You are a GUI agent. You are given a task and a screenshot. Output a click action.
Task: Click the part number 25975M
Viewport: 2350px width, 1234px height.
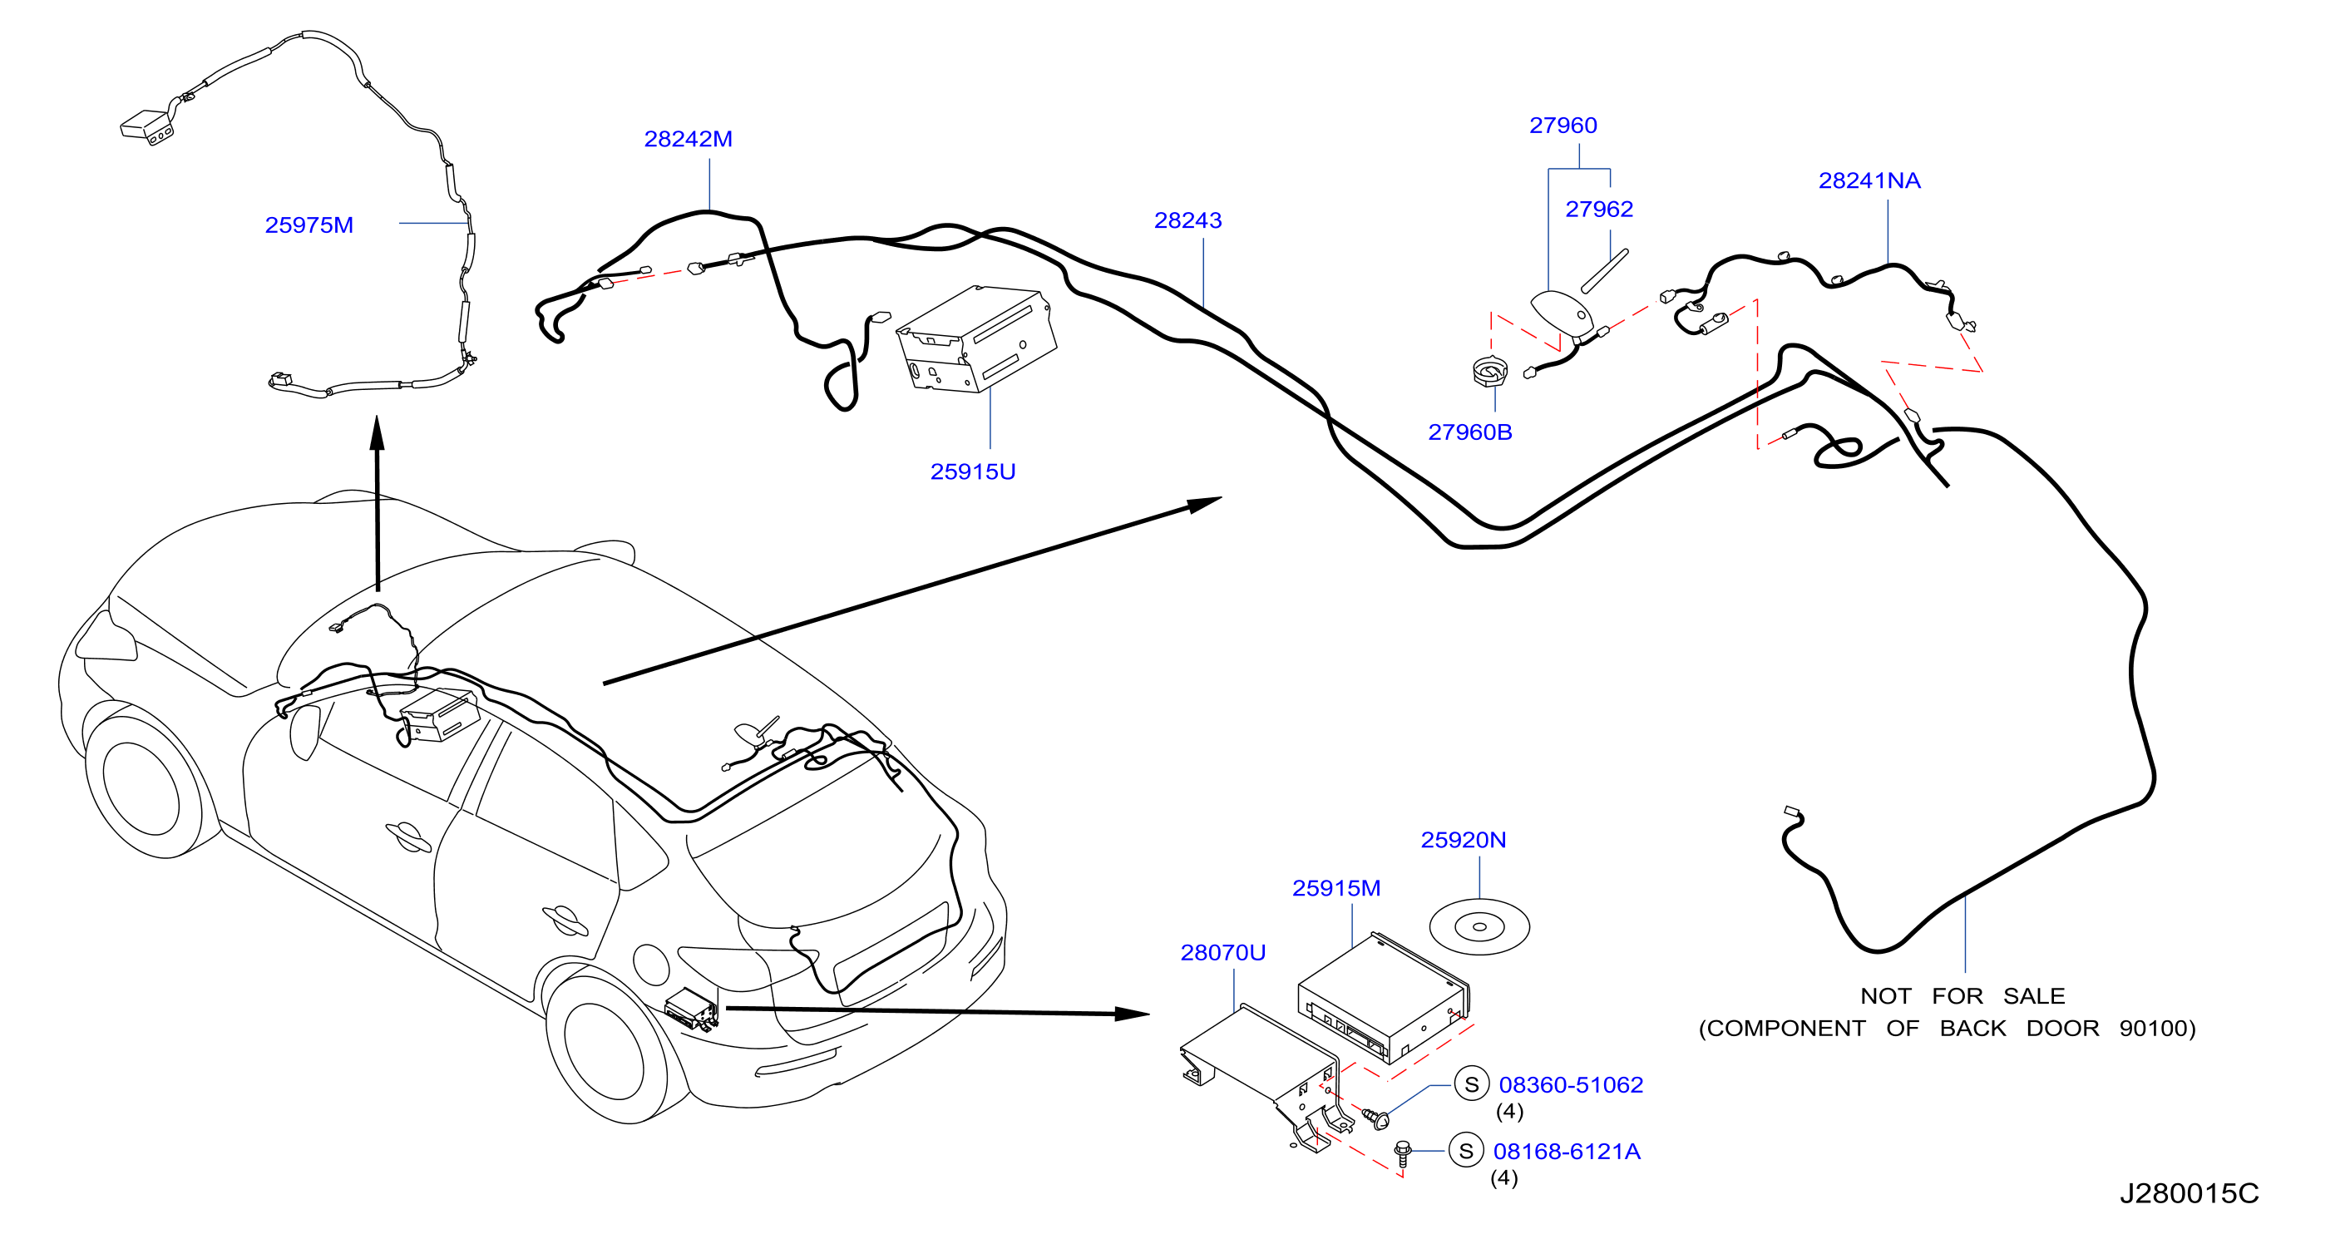tap(309, 225)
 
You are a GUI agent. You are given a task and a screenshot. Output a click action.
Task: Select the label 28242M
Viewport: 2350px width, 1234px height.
tap(688, 139)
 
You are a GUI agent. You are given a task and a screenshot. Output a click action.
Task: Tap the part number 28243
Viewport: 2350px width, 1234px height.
tap(1187, 220)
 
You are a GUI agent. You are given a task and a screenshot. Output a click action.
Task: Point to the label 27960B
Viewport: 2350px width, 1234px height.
tap(1469, 432)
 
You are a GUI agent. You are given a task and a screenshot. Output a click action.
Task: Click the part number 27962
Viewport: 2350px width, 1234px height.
tap(1599, 209)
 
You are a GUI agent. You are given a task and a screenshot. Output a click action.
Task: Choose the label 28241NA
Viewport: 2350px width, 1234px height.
tap(1869, 180)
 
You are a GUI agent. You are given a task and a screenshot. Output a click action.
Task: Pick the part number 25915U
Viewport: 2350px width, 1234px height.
tap(972, 471)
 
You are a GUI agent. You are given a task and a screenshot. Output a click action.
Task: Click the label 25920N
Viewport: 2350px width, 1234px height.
tap(1464, 840)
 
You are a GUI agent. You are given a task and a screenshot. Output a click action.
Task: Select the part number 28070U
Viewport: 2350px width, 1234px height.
tap(1222, 952)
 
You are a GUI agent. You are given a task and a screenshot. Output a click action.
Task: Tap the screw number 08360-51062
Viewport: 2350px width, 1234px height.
tap(1571, 1084)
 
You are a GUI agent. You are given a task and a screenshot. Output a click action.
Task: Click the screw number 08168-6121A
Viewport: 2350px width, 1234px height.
tap(1567, 1151)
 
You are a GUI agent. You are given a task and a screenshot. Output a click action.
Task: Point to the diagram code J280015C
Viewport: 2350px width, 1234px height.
tap(2189, 1193)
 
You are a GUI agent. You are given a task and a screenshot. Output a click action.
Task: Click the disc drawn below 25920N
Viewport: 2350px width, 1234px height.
tap(1479, 926)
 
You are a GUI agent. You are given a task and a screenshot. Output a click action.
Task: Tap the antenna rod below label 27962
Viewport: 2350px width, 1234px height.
tap(1605, 271)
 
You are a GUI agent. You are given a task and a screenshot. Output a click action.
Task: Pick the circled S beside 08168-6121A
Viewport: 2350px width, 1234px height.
tap(1466, 1151)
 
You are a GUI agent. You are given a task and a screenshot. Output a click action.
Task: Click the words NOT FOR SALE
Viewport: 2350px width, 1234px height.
tap(1962, 996)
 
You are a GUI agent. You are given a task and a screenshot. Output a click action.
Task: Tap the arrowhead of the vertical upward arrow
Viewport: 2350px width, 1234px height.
tap(377, 433)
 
